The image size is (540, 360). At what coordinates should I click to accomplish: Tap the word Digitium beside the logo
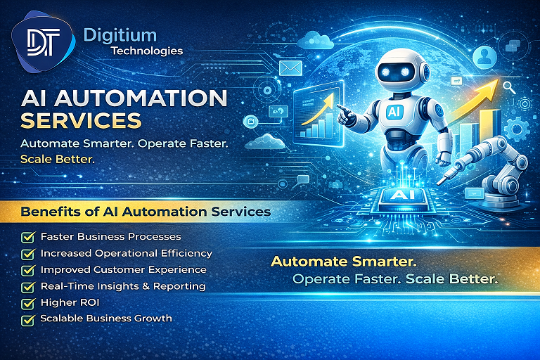[x=120, y=34]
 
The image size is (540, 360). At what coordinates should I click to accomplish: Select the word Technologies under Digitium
[x=146, y=51]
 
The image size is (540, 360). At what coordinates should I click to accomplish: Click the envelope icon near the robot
[x=290, y=67]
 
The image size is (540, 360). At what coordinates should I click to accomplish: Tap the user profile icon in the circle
[x=482, y=55]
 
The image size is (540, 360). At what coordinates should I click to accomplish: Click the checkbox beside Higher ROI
[x=28, y=303]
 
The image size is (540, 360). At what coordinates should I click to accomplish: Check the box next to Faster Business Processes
[x=28, y=237]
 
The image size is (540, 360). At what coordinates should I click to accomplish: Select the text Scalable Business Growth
[x=106, y=319]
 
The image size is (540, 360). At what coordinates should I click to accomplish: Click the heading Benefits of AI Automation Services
[x=146, y=211]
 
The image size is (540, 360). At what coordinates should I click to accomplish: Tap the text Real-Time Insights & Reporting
[x=123, y=286]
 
